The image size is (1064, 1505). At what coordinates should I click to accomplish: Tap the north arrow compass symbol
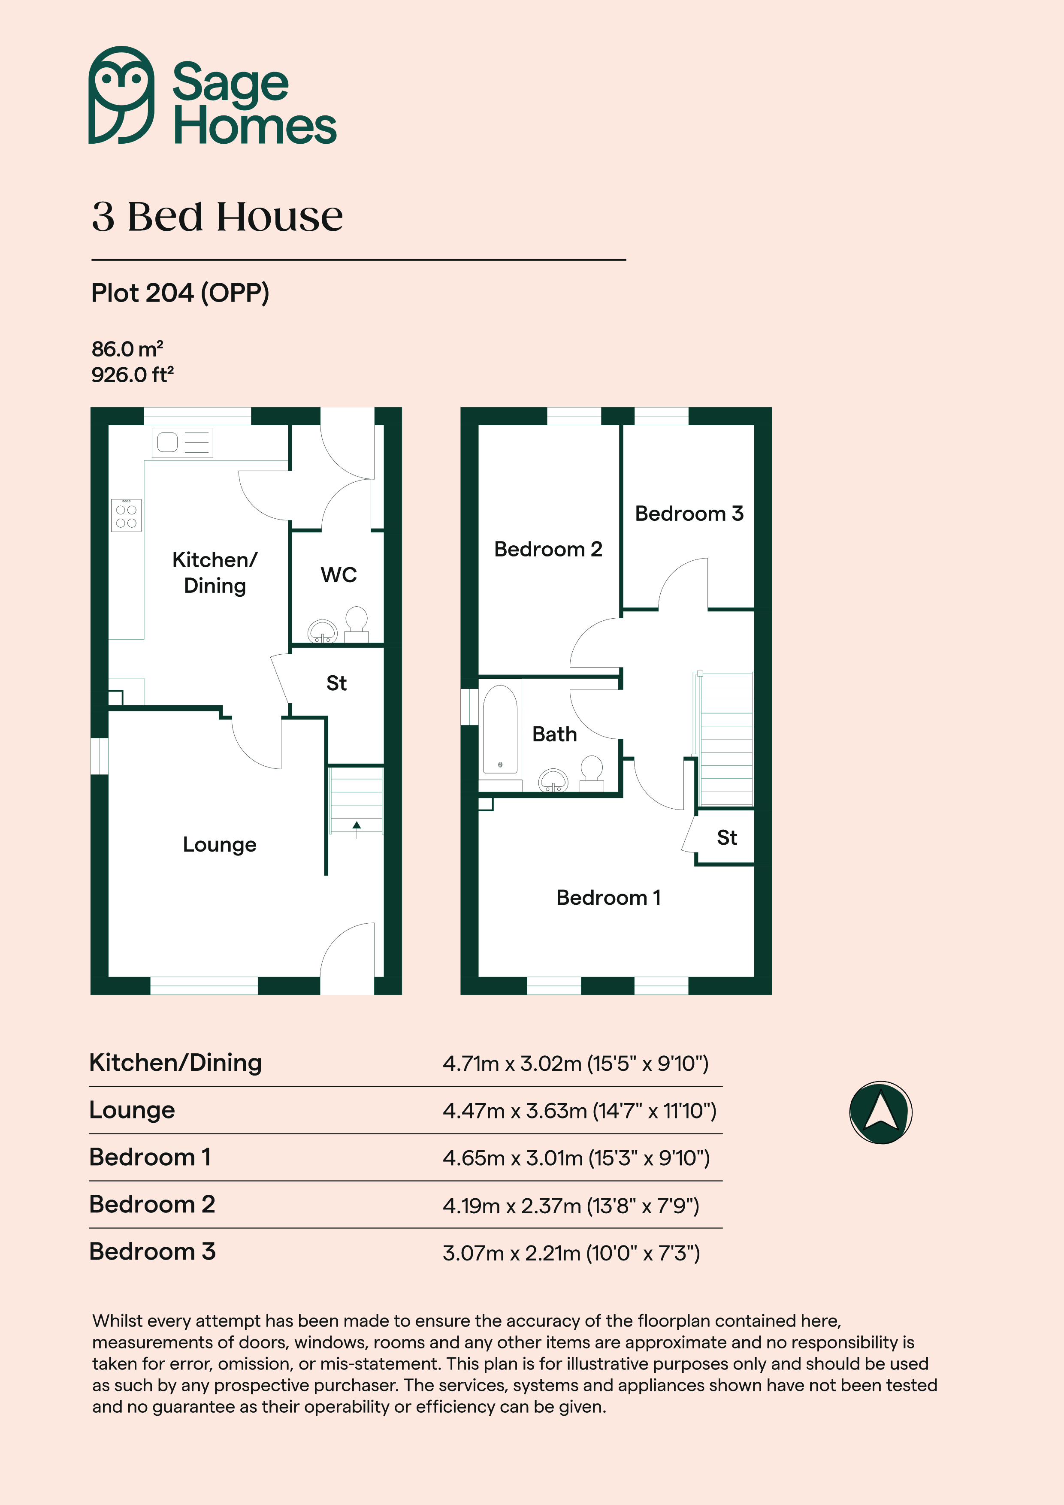coord(880,1112)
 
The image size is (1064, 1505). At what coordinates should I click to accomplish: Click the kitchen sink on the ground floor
coord(182,442)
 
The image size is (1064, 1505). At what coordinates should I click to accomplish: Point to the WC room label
coord(339,575)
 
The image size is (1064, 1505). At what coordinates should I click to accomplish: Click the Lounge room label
coord(220,844)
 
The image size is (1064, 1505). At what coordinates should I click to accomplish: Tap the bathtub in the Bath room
coord(500,730)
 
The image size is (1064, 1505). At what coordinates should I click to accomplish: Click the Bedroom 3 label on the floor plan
coord(689,513)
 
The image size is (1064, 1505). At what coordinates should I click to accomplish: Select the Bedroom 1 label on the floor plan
coord(608,898)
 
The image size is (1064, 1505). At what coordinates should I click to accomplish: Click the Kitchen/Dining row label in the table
coord(176,1063)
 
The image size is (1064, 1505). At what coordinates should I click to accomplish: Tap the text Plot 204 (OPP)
coord(180,293)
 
